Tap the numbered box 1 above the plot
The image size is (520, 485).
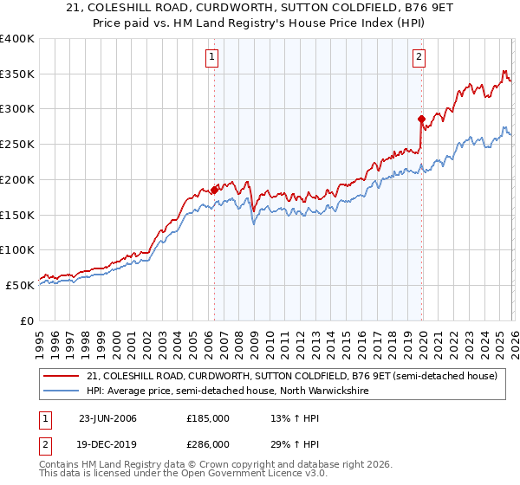tap(213, 58)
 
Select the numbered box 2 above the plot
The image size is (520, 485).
tap(419, 58)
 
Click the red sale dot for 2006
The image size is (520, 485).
tap(214, 190)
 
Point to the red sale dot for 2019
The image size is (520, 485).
tap(421, 119)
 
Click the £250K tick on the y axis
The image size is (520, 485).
tap(17, 145)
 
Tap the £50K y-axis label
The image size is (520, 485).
tap(20, 285)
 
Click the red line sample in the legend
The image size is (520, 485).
tap(62, 376)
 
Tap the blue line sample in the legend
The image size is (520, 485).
tap(62, 391)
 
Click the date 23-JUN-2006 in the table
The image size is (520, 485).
tap(107, 418)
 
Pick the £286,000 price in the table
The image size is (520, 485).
tap(208, 443)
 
